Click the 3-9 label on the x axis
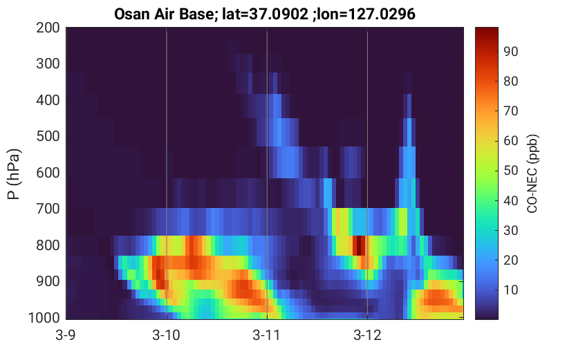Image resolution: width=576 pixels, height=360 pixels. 66,335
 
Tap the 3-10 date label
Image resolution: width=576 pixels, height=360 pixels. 167,335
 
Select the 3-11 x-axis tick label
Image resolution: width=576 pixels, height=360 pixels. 267,335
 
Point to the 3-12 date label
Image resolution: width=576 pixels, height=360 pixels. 367,335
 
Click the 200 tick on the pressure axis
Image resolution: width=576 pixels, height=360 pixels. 48,28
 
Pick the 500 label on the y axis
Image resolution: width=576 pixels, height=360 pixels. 48,136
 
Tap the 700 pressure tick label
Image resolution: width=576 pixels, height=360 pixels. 48,209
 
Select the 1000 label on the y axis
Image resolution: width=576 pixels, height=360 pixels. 44,318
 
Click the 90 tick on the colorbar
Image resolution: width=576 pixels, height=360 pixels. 510,51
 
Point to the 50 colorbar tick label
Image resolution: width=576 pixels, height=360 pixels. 510,171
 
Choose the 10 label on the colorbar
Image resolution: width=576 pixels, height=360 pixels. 510,290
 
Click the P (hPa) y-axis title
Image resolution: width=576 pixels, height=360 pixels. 14,174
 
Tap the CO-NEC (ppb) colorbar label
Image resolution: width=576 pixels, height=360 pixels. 532,173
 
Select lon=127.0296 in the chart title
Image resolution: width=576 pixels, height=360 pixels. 368,15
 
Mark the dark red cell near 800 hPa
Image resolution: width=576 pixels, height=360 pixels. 360,245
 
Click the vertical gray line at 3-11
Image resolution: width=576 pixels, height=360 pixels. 267,173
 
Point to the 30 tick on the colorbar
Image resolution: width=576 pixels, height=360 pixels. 510,231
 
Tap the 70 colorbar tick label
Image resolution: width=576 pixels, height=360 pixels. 510,111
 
